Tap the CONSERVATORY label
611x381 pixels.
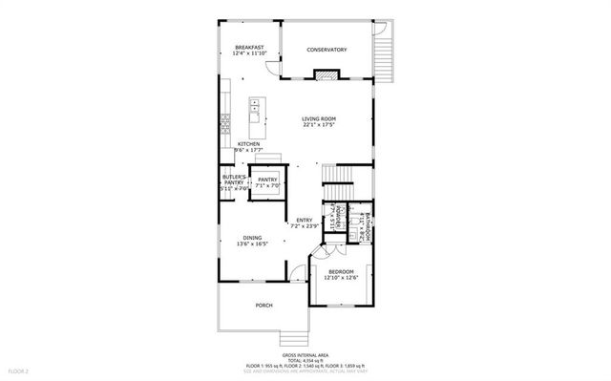tap(327, 50)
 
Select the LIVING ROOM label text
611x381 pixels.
tap(319, 118)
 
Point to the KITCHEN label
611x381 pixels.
tap(249, 144)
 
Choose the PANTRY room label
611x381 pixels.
tap(267, 179)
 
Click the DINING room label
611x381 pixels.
tap(252, 238)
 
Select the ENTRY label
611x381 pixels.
tap(305, 221)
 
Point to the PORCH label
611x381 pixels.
tap(263, 306)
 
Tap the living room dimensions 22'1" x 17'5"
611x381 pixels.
tap(319, 124)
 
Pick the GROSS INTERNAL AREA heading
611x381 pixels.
tap(305, 353)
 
